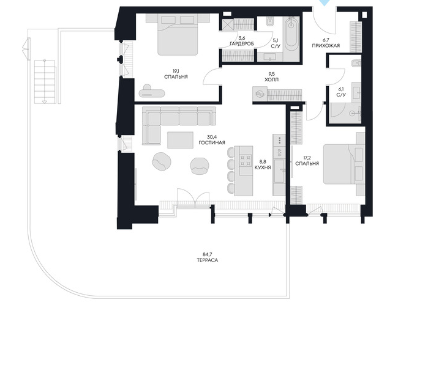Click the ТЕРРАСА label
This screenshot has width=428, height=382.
click(208, 260)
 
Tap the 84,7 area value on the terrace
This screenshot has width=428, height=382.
click(208, 254)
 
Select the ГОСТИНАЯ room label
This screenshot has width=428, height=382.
click(212, 143)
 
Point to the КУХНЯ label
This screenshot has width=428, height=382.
click(263, 167)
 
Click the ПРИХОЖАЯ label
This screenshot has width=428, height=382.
click(326, 46)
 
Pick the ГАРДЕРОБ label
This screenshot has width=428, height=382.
click(242, 43)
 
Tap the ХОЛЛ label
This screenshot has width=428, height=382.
click(272, 80)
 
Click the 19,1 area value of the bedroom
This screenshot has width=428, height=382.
click(176, 72)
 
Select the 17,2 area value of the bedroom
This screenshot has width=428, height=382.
click(307, 158)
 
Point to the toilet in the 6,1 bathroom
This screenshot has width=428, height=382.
click(356, 63)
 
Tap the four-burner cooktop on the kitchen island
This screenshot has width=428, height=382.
click(246, 161)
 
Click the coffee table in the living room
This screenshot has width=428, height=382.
click(180, 140)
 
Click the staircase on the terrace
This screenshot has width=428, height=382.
click(45, 82)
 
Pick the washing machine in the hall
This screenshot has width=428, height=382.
click(260, 94)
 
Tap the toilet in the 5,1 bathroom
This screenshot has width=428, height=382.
click(269, 21)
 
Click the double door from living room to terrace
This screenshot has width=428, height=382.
click(193, 199)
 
